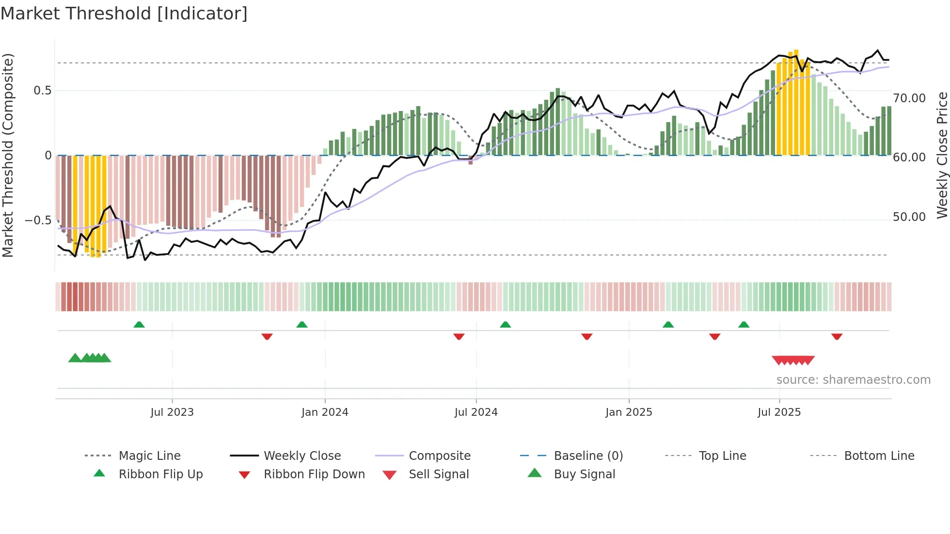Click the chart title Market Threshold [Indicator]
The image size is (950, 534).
click(x=124, y=14)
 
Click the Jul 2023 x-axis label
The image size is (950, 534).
click(x=172, y=412)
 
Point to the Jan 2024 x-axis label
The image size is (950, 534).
click(x=325, y=412)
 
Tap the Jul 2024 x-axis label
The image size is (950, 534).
click(x=476, y=412)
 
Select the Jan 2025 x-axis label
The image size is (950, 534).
click(x=629, y=412)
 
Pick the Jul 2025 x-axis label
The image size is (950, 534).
click(x=779, y=412)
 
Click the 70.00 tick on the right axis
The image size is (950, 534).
click(x=909, y=98)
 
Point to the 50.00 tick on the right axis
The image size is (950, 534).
click(x=909, y=217)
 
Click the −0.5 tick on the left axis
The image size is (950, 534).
click(x=38, y=220)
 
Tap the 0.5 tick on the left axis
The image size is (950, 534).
click(x=42, y=91)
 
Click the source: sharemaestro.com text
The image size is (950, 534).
click(x=853, y=380)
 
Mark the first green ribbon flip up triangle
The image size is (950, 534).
click(x=139, y=325)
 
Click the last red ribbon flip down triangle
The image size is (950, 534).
click(x=837, y=336)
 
